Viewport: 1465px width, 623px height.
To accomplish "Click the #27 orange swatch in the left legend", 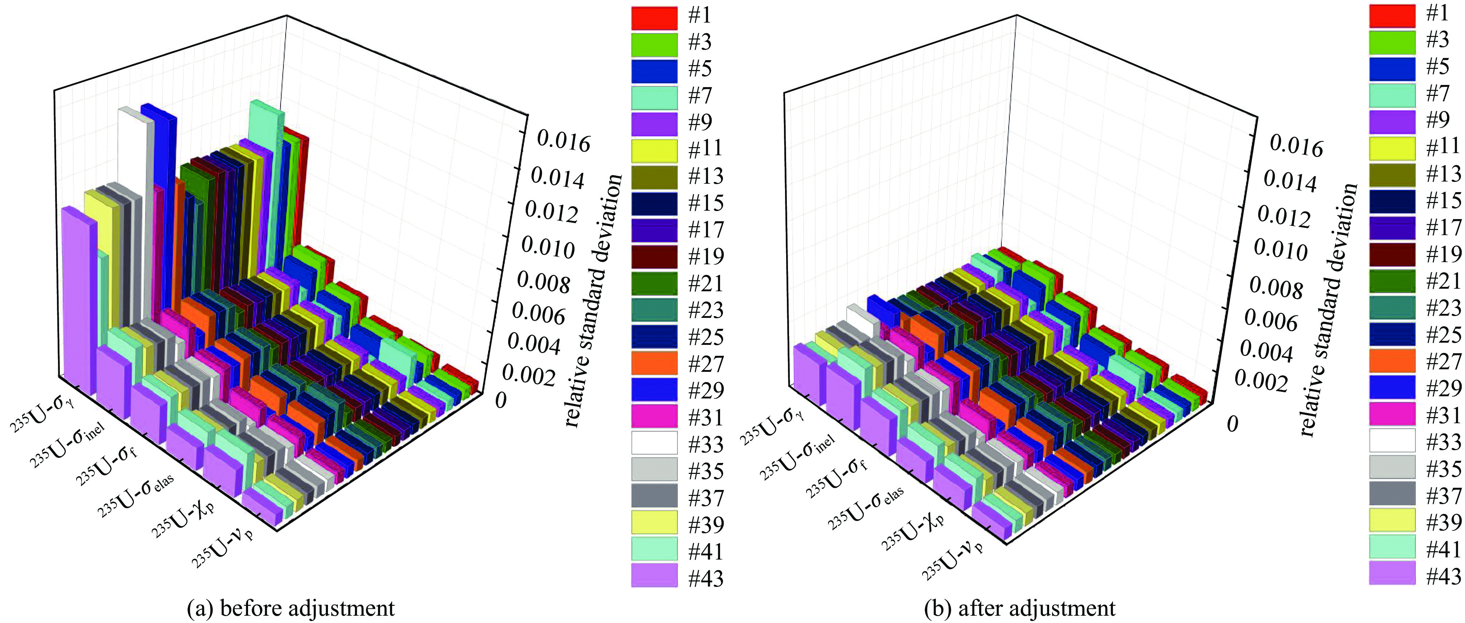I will pos(654,363).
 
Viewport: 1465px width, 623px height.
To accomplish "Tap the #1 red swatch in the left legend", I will pos(654,17).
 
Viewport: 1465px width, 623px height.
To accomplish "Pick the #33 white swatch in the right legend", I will pos(1392,440).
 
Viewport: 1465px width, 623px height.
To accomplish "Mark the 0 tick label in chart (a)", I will pos(500,401).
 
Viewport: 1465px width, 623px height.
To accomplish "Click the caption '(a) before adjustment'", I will pos(291,608).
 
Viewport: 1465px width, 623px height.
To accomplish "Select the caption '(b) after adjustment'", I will pos(1020,608).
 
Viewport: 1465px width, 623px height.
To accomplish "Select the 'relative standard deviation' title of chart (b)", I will pos(1327,310).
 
